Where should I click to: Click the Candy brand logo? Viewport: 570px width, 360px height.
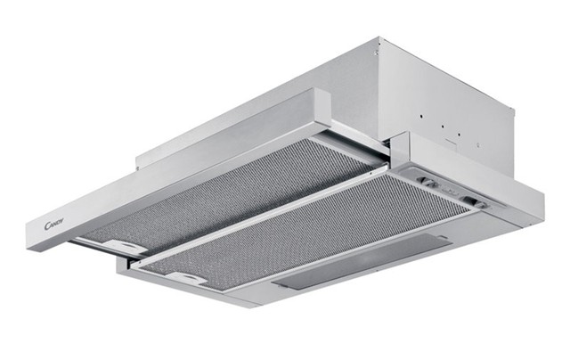pyautogui.click(x=54, y=224)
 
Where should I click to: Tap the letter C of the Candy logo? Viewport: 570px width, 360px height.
pyautogui.click(x=47, y=225)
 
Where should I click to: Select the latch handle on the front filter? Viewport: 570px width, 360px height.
pyautogui.click(x=186, y=278)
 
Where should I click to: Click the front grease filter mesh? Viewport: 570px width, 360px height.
pyautogui.click(x=305, y=233)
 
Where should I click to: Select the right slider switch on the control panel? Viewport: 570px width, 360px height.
pyautogui.click(x=474, y=201)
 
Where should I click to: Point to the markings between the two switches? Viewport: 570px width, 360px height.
pyautogui.click(x=451, y=191)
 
